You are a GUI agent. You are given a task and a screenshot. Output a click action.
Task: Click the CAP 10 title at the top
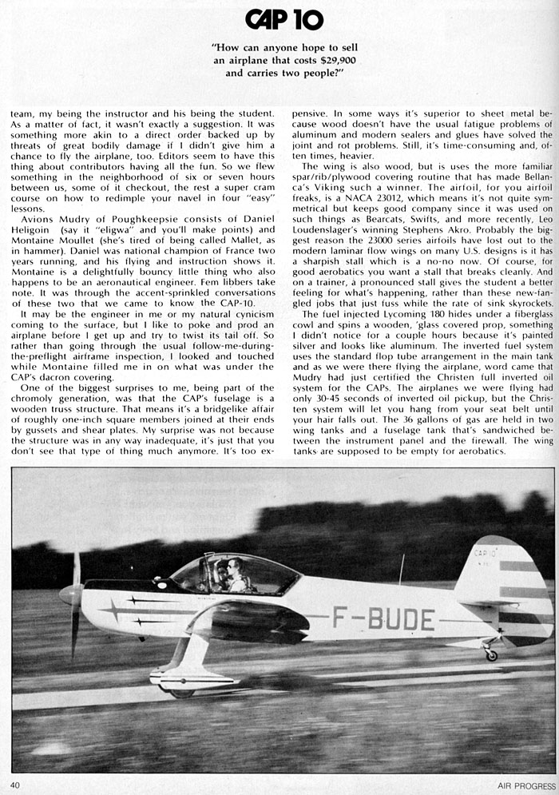click(x=284, y=19)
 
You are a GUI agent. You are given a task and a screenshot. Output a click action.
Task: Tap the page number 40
click(x=15, y=785)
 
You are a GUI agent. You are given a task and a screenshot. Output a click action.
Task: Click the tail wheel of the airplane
click(x=492, y=655)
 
